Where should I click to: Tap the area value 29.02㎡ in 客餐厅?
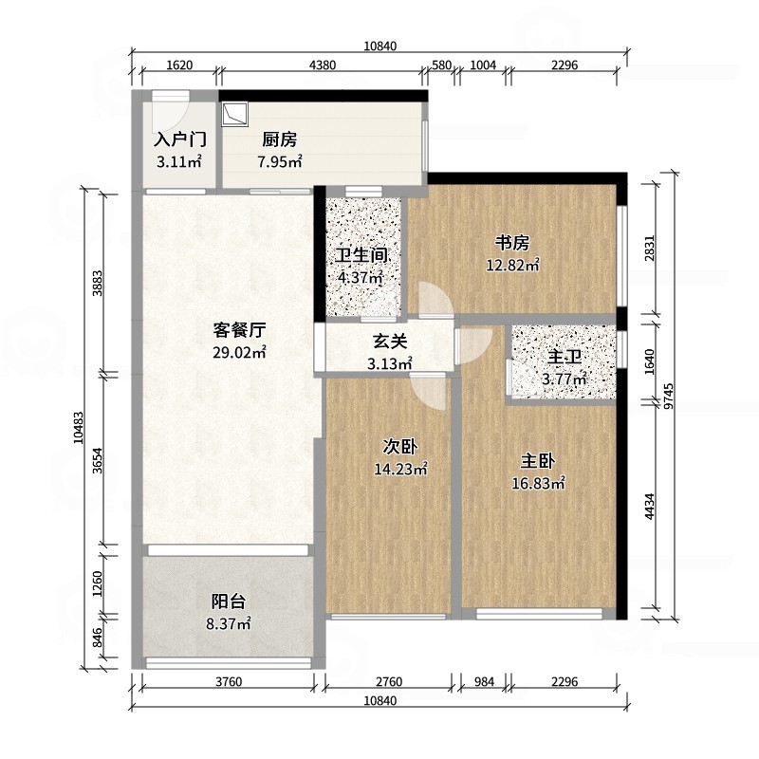pos(239,352)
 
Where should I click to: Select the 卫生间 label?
pos(360,256)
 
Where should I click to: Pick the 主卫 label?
pos(564,359)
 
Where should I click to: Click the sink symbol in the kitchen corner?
pos(234,114)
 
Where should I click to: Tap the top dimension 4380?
pos(323,65)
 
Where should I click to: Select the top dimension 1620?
pos(179,65)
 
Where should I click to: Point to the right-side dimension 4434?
pos(649,510)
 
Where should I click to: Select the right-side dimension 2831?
pos(649,248)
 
